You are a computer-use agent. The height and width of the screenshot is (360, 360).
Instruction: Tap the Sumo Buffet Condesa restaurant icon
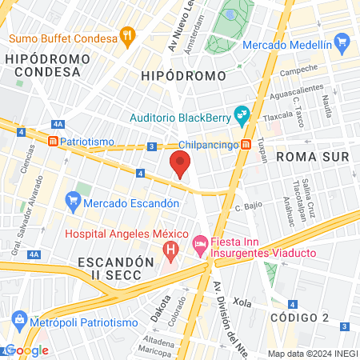126,36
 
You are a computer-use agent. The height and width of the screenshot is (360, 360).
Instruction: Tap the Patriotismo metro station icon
53,142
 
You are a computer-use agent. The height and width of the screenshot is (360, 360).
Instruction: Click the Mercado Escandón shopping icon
71,198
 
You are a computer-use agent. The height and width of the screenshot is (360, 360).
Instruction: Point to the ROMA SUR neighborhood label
313,157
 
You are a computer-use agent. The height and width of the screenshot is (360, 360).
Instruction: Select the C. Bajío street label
250,209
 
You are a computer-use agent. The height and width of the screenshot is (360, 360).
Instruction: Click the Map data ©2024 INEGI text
312,354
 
